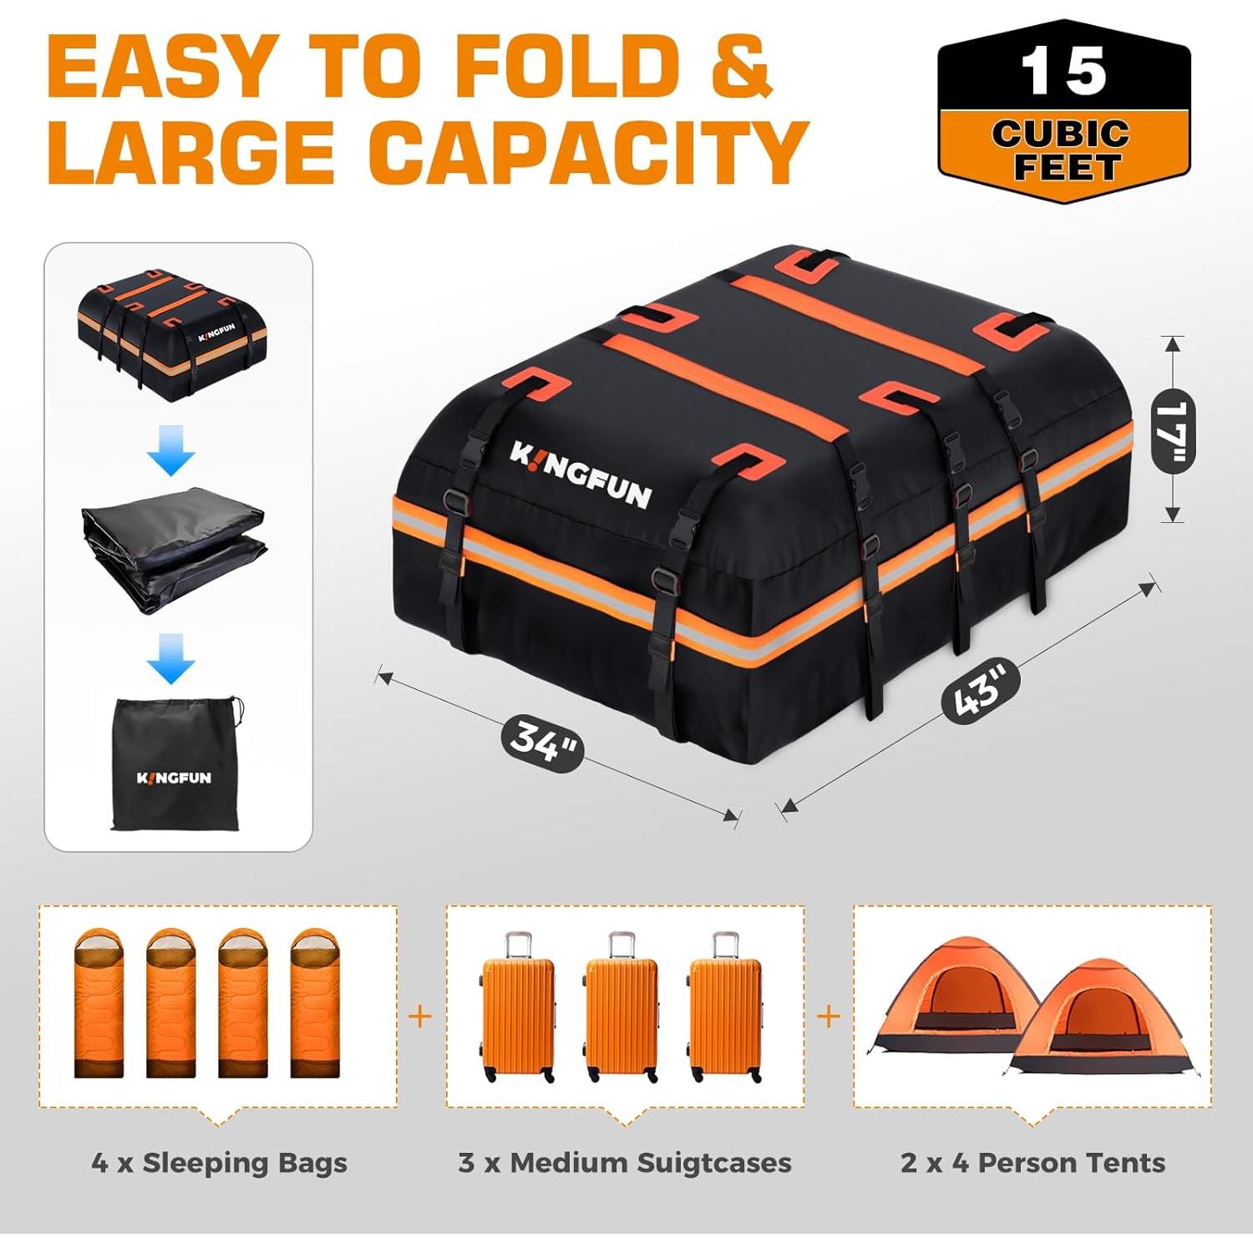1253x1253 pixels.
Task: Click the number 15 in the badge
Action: click(x=1063, y=72)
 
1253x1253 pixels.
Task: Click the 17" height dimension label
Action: click(x=1173, y=430)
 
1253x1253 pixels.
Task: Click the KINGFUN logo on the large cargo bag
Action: click(x=580, y=475)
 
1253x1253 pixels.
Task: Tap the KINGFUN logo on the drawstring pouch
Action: click(x=174, y=778)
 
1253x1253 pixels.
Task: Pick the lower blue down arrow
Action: click(x=171, y=658)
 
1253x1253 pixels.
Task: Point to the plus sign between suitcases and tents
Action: click(x=829, y=1017)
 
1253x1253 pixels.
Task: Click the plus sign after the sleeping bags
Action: click(x=421, y=1017)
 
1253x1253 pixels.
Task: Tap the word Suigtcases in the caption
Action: click(x=713, y=1163)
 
